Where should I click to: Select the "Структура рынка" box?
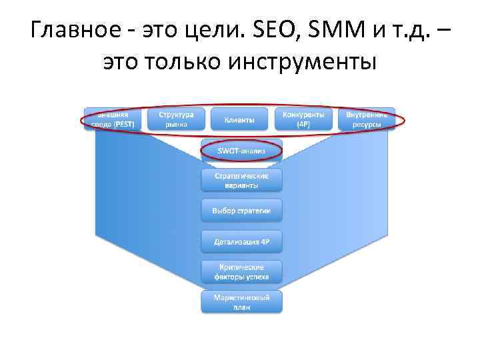[176, 119]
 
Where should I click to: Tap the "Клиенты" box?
[239, 120]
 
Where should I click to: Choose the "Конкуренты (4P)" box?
[303, 119]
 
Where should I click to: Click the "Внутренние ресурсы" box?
[367, 119]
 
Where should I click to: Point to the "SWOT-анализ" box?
[241, 151]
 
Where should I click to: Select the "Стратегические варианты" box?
[241, 181]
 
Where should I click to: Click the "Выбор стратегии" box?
[241, 211]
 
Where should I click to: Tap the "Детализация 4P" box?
[241, 241]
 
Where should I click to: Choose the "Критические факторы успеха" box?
[241, 271]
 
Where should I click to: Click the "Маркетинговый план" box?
[241, 301]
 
